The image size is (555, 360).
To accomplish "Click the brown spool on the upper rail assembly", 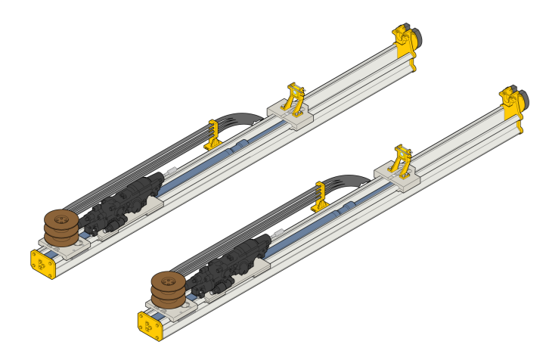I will pos(58,227).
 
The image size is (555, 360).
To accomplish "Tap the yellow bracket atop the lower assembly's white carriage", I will pos(402,160).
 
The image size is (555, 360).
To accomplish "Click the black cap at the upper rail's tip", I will pos(415,36).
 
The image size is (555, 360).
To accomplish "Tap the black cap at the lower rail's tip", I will pos(522,98).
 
